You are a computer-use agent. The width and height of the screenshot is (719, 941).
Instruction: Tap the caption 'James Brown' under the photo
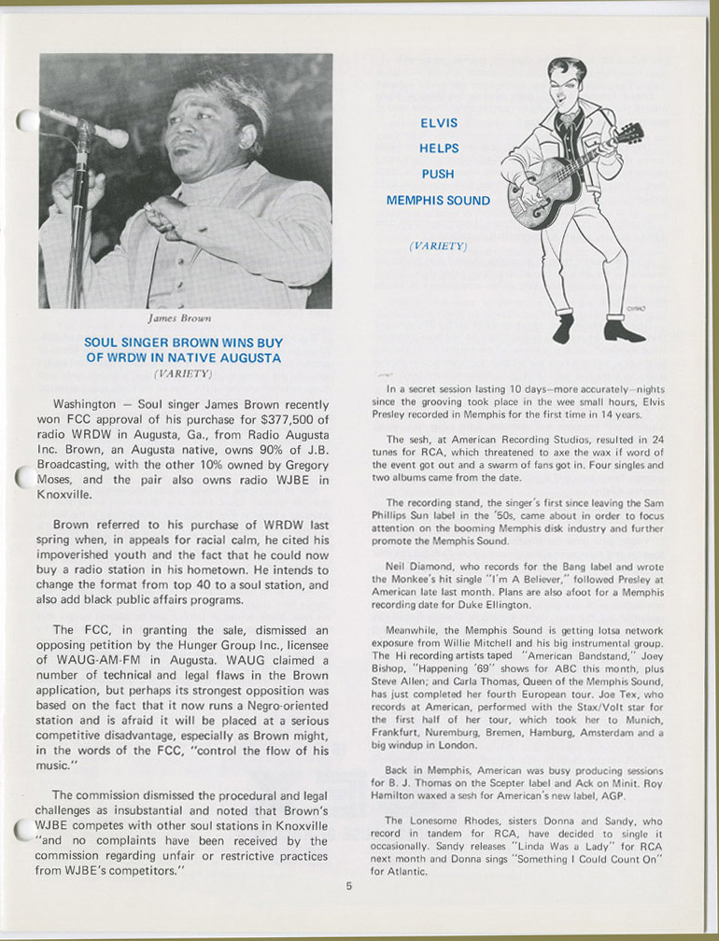click(x=184, y=318)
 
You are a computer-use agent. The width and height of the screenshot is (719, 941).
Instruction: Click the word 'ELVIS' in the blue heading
click(x=438, y=121)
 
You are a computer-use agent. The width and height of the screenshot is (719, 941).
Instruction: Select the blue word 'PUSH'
click(x=438, y=174)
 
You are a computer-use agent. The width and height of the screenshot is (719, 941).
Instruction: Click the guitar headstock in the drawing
click(x=627, y=133)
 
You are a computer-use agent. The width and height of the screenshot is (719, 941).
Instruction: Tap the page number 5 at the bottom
click(x=349, y=887)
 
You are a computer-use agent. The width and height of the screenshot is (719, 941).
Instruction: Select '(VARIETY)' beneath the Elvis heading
click(x=438, y=246)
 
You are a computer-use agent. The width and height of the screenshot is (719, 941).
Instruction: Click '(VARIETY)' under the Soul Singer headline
click(x=184, y=373)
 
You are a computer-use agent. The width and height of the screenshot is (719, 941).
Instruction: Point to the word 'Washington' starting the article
click(x=83, y=404)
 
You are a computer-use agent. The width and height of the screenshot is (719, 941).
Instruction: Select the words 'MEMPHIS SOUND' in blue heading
click(x=438, y=201)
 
